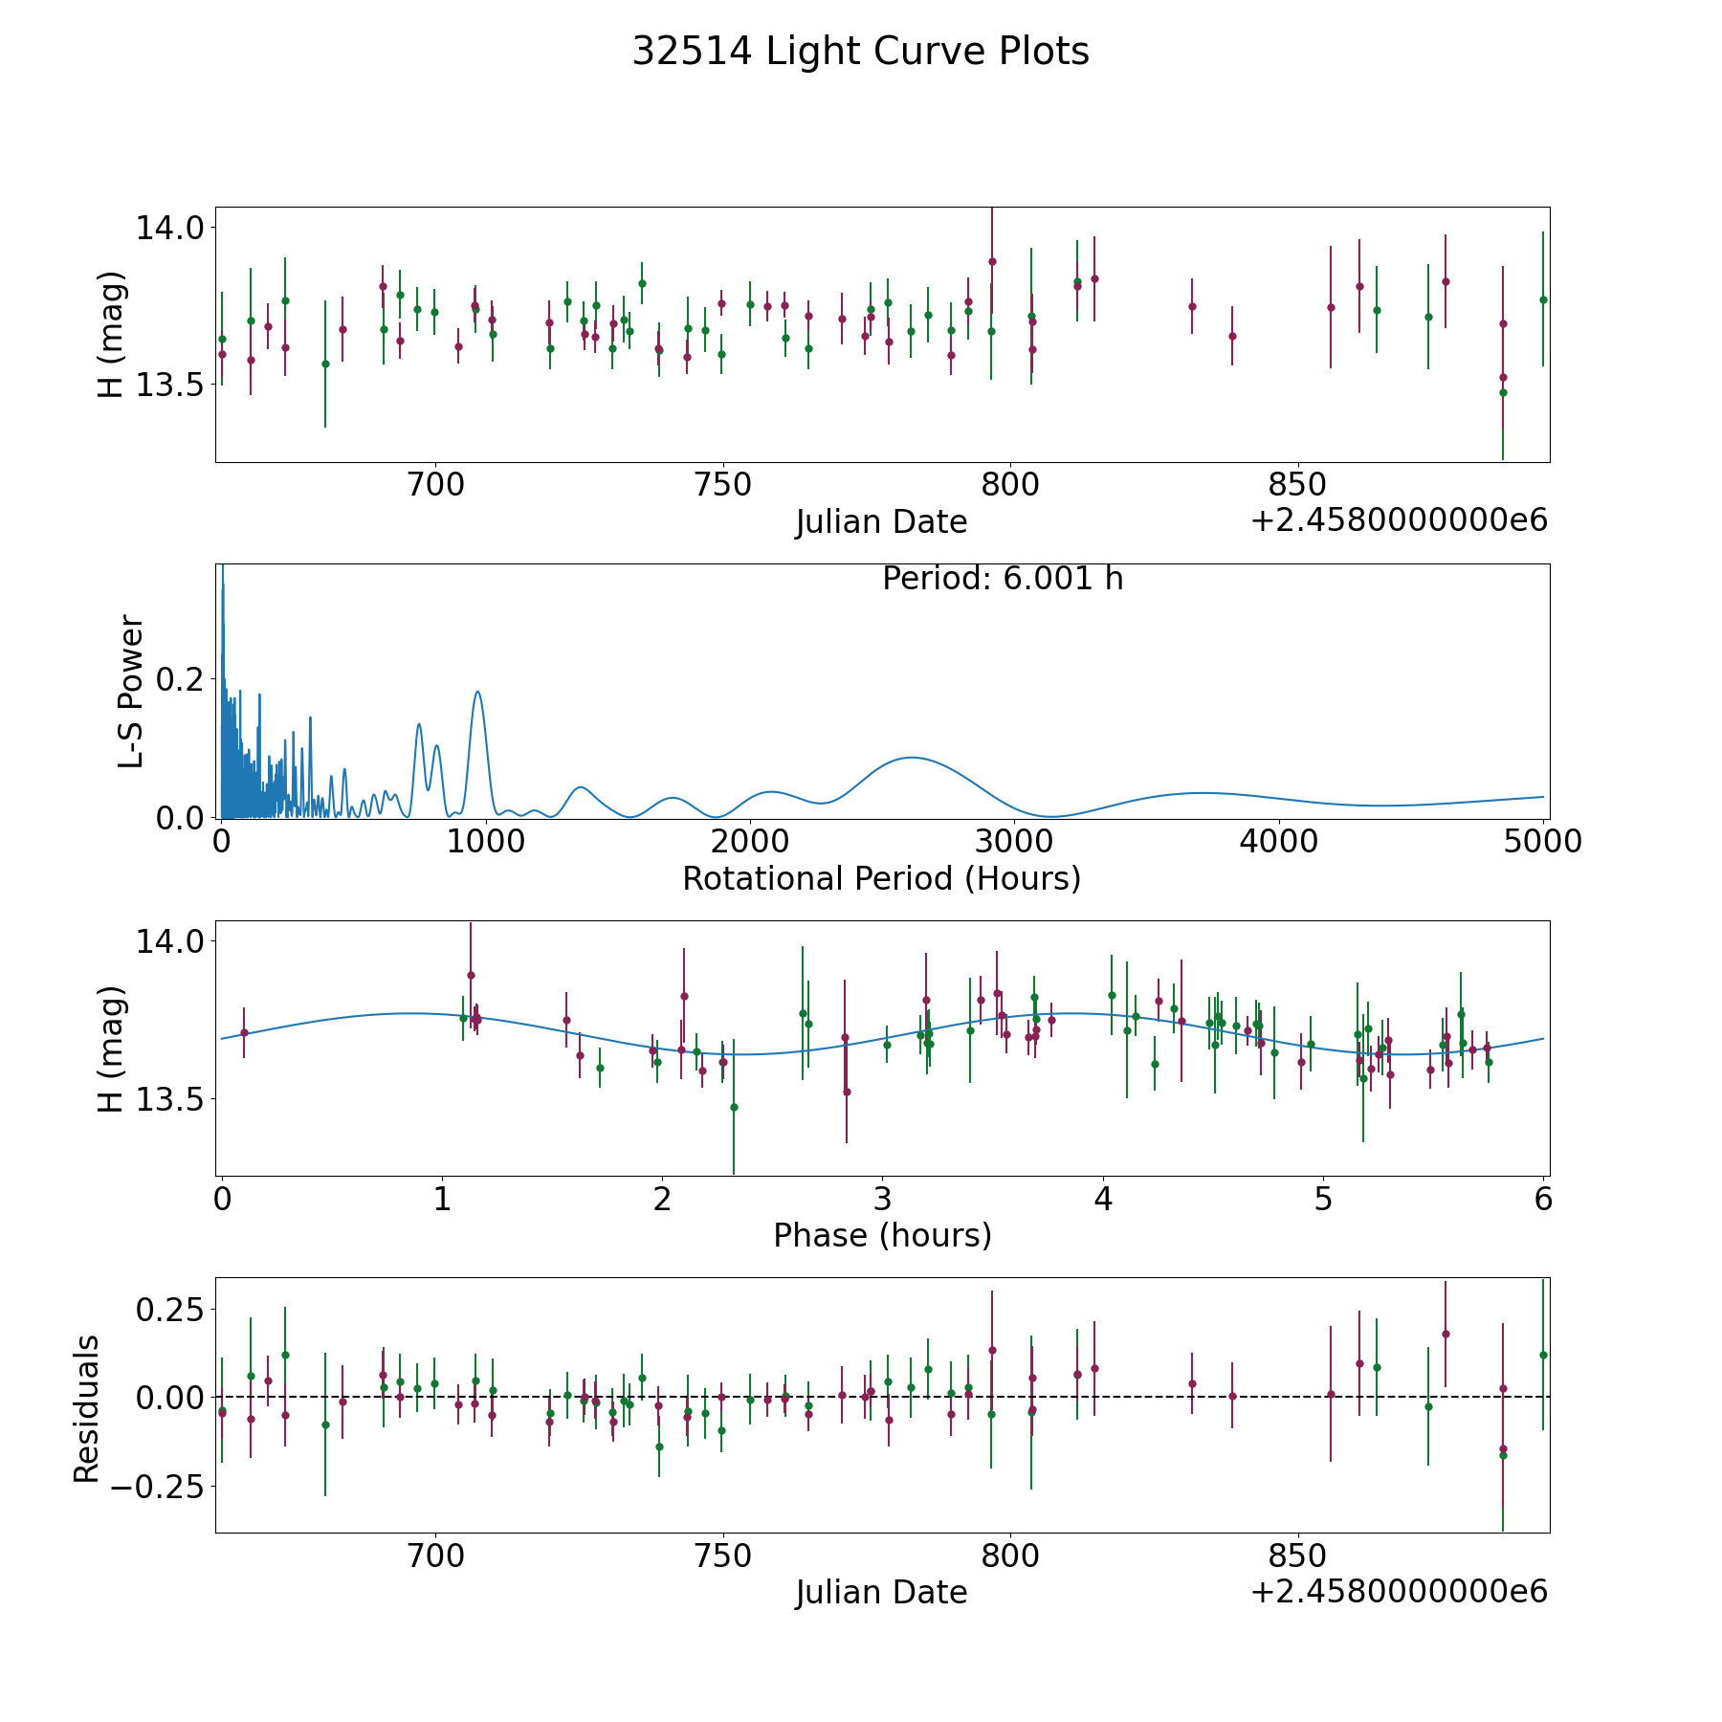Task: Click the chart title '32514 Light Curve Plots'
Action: tap(860, 52)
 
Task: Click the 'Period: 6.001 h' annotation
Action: tap(1003, 579)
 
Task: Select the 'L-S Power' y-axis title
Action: tap(131, 692)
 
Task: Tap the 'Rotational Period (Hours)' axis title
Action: tap(881, 878)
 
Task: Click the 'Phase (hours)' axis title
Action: tap(882, 1235)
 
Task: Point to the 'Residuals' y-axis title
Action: tap(87, 1408)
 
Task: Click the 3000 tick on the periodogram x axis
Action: tap(1014, 841)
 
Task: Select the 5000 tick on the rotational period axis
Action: tap(1542, 841)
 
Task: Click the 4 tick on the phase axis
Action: tap(1103, 1199)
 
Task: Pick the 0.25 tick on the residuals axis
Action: tap(170, 1309)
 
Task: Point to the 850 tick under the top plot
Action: tap(1297, 484)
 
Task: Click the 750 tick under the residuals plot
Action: tap(722, 1556)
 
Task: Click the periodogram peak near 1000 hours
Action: tap(477, 692)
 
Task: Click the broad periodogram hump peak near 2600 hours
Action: tap(911, 758)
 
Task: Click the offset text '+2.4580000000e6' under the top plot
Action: tap(1399, 520)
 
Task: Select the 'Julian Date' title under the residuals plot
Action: tap(881, 1592)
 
